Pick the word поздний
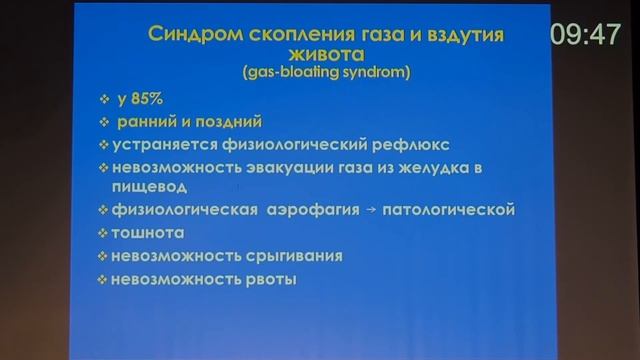point(230,122)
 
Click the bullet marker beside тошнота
point(103,232)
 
